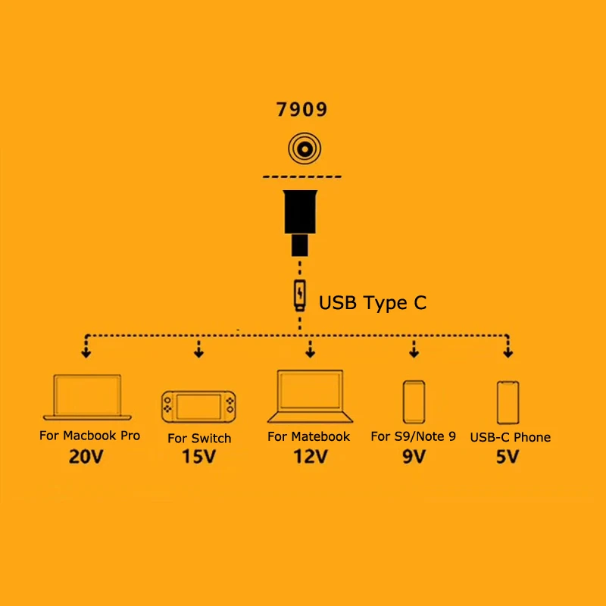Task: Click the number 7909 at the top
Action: point(301,110)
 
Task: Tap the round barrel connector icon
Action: point(302,148)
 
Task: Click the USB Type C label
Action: point(373,303)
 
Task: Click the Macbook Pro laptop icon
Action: point(87,396)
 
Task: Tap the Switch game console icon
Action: point(199,408)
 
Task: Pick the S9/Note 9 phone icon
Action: point(414,402)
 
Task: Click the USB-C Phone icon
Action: point(508,402)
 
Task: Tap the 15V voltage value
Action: point(199,458)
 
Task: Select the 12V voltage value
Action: point(311,457)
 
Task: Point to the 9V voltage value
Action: point(414,457)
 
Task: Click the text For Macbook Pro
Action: point(89,436)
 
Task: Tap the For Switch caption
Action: point(199,438)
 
